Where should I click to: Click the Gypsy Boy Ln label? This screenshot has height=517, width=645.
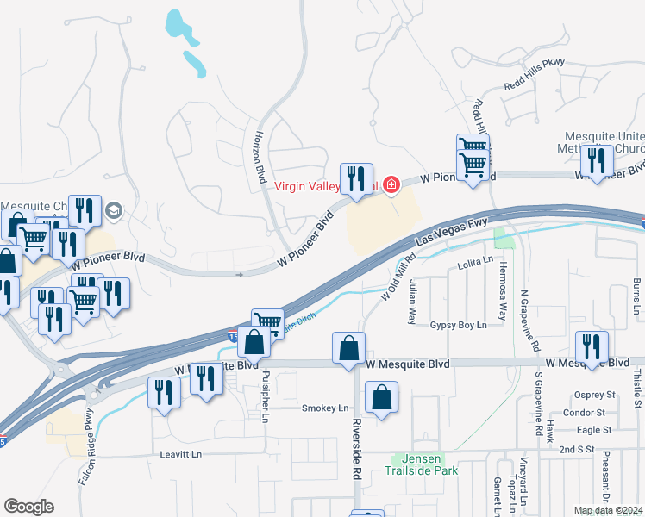[x=459, y=325]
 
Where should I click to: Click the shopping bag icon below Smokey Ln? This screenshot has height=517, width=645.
[x=381, y=397]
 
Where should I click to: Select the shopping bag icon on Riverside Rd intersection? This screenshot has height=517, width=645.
[x=348, y=349]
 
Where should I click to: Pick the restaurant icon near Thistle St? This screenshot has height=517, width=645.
[x=592, y=346]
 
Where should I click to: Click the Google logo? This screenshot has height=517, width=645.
[x=29, y=507]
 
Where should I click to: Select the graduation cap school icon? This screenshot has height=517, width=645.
[x=114, y=209]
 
